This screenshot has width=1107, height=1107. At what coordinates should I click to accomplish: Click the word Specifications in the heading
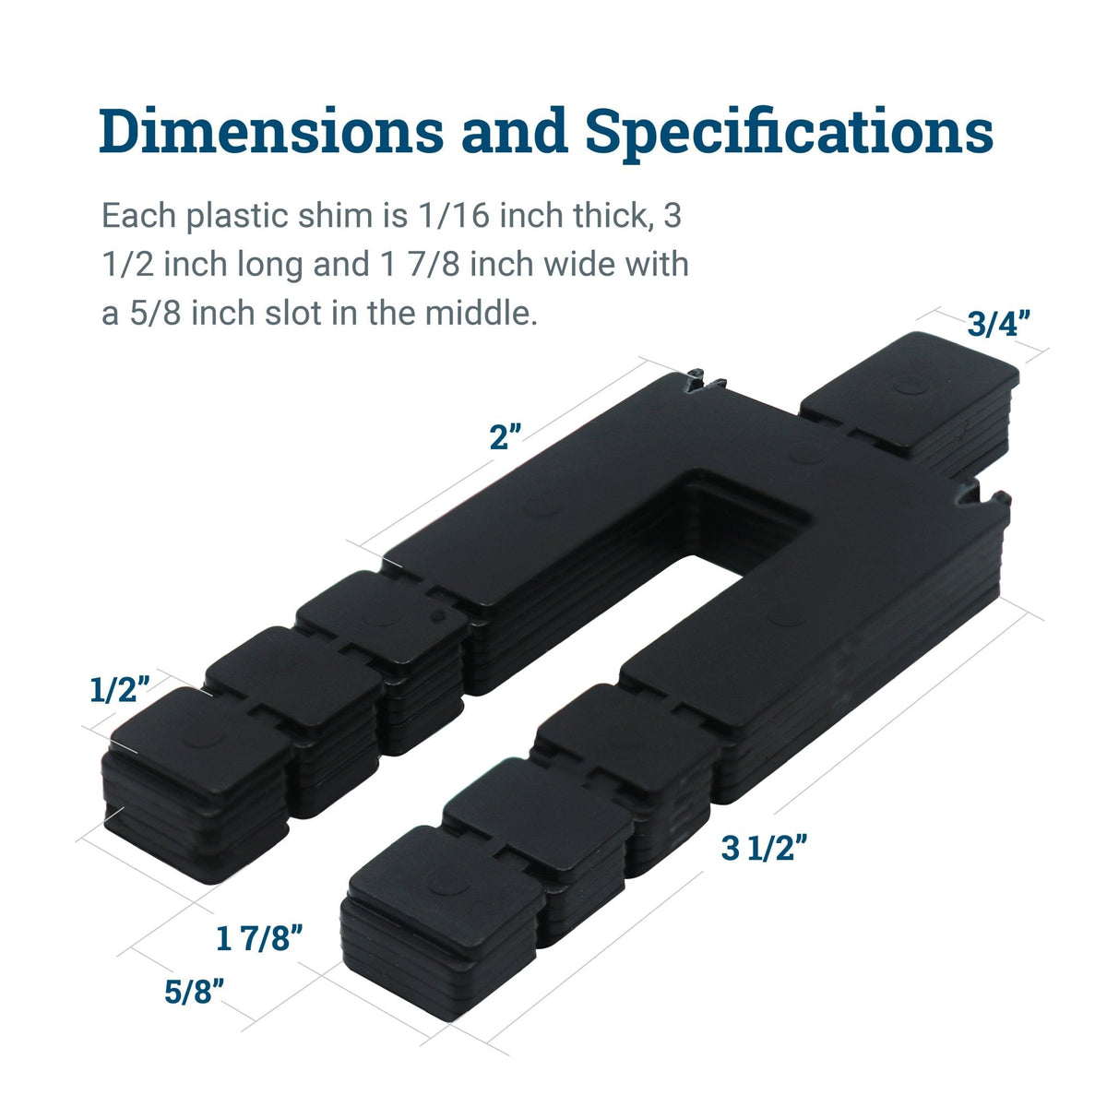pyautogui.click(x=789, y=132)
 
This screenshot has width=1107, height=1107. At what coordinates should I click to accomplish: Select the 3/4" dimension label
pyautogui.click(x=998, y=324)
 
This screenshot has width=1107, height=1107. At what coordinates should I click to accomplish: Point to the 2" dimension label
pyautogui.click(x=506, y=437)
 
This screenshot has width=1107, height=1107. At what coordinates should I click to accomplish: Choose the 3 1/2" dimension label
pyautogui.click(x=765, y=848)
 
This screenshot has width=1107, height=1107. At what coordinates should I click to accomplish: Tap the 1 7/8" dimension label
pyautogui.click(x=259, y=939)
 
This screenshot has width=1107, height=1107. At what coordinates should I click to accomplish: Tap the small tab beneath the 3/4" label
pyautogui.click(x=909, y=397)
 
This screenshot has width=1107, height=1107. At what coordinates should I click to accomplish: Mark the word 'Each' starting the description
pyautogui.click(x=139, y=217)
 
